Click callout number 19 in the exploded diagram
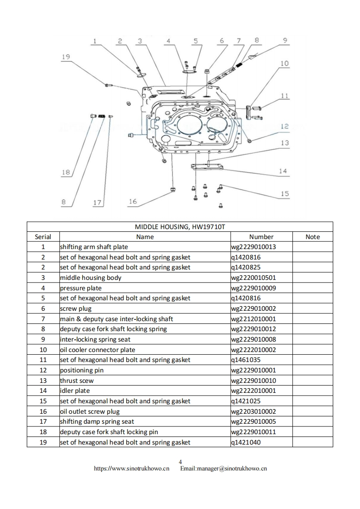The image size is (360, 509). coord(65,57)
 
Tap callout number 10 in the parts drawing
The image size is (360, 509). coord(284,63)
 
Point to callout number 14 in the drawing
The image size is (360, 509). coord(283,171)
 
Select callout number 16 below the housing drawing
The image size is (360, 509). coord(133,202)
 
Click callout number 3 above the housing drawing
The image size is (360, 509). coord(139,41)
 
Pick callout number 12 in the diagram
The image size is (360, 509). coord(285,126)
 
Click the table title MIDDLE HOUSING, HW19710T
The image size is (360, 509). coord(180,226)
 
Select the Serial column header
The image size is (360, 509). coord(43,237)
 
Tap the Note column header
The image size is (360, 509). coord(312,237)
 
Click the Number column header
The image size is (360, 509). coord(261,237)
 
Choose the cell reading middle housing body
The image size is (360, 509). coord(91,278)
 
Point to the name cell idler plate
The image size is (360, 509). coord(75,391)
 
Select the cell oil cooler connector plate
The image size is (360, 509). coord(98,350)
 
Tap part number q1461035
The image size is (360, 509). coord(246,360)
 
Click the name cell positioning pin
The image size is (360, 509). coord(82,370)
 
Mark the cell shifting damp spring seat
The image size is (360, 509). coord(97,421)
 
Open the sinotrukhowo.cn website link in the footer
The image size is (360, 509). coord(131,469)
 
